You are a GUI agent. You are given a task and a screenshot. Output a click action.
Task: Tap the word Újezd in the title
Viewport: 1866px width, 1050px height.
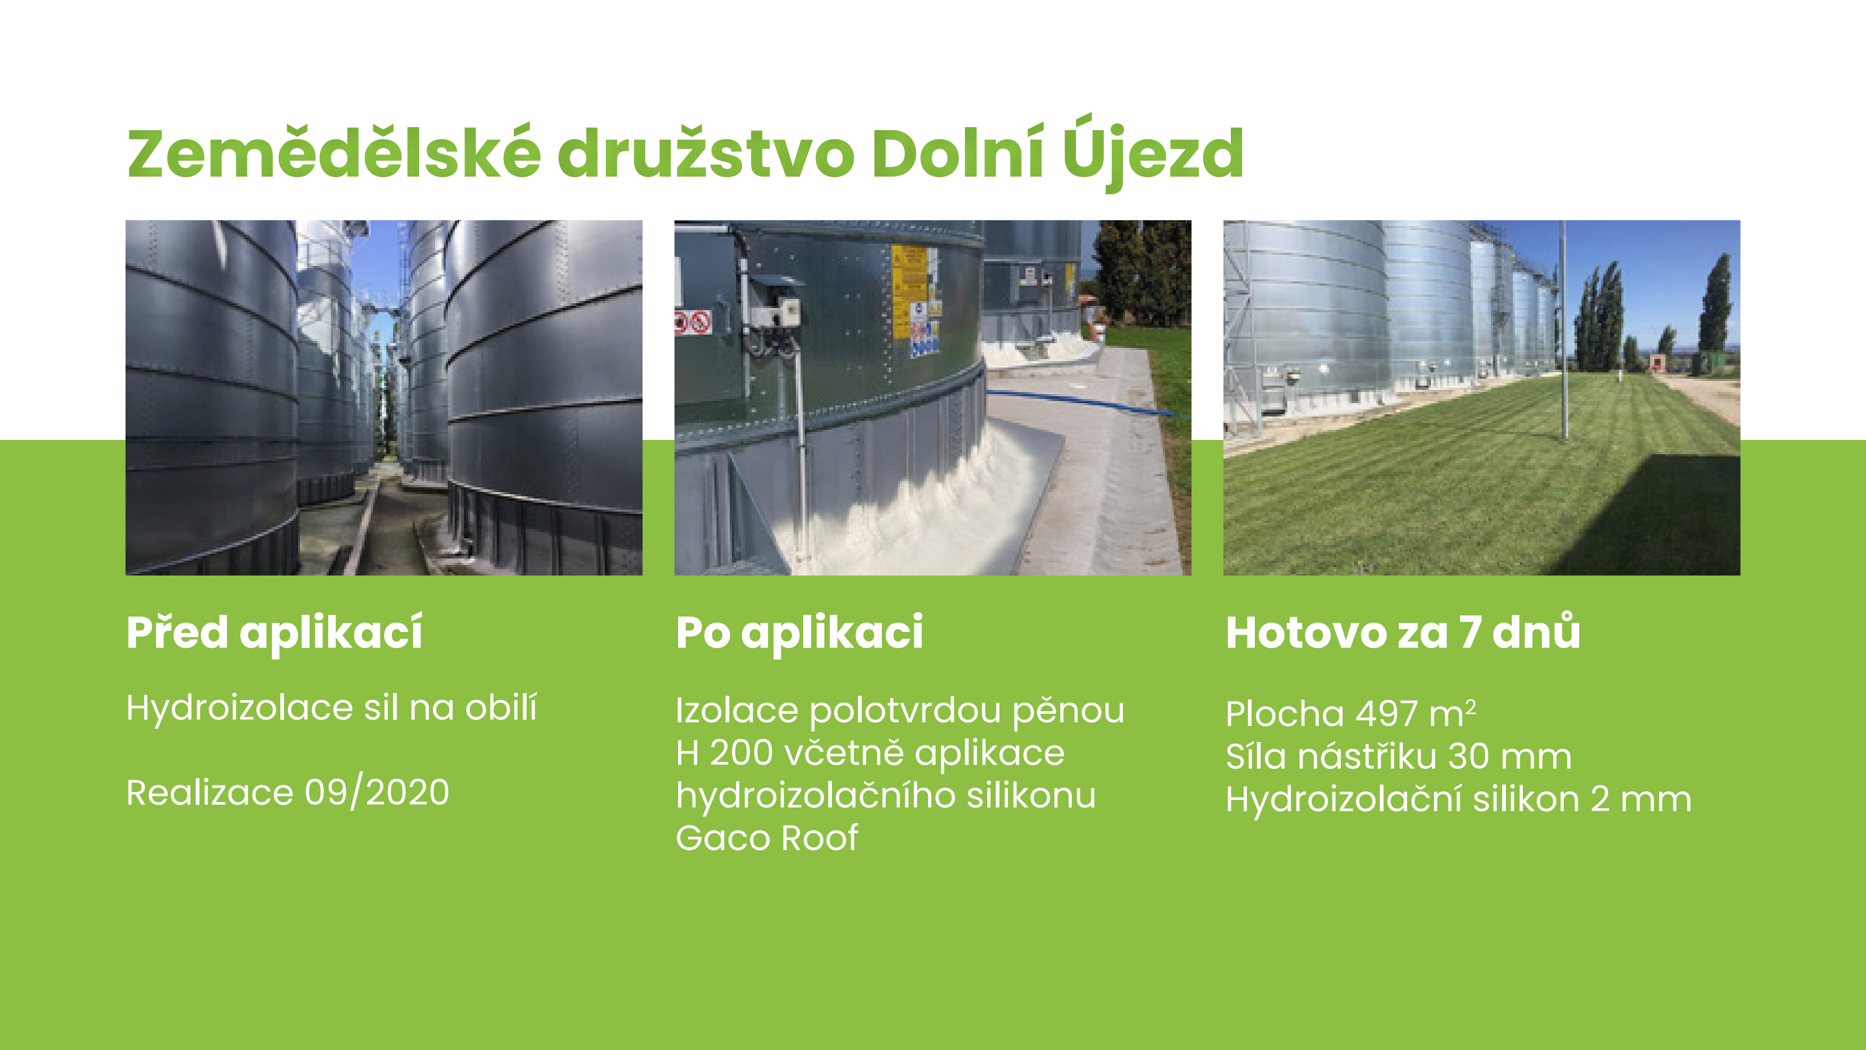(x=1153, y=152)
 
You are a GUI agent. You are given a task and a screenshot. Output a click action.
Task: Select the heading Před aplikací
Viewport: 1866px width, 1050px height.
(x=274, y=634)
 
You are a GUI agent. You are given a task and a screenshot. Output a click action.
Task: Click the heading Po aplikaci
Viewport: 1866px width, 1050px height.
(x=799, y=634)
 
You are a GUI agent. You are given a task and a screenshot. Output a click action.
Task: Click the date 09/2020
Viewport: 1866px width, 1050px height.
(x=377, y=792)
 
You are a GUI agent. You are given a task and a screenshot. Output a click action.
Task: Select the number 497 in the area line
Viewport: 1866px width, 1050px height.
(x=1386, y=714)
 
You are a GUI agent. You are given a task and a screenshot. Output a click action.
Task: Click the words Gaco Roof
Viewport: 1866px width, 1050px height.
(x=767, y=838)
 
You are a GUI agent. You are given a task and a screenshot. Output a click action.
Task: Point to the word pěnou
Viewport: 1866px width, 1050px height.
(x=1069, y=711)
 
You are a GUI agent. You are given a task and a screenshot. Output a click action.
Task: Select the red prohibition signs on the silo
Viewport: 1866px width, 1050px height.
(x=693, y=322)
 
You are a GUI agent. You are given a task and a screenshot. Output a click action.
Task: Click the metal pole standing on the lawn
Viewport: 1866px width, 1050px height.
(x=1563, y=329)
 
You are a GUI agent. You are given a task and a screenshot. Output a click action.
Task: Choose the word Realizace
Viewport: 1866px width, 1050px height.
(x=210, y=792)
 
